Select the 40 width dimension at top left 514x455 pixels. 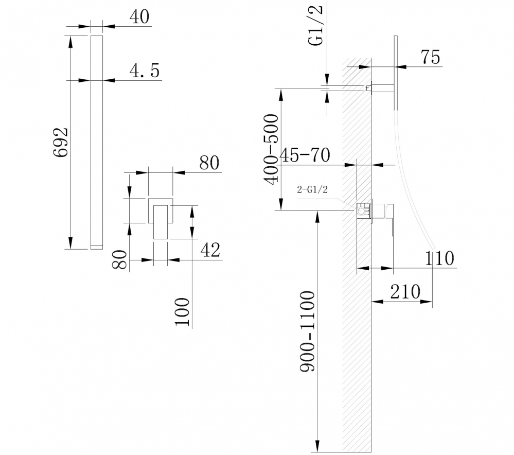(x=139, y=17)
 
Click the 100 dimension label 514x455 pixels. (x=183, y=311)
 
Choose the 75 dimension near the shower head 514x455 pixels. (x=430, y=57)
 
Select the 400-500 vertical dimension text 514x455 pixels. (x=271, y=149)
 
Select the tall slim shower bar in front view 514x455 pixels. (x=97, y=142)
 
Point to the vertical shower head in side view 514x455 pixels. (x=396, y=72)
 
